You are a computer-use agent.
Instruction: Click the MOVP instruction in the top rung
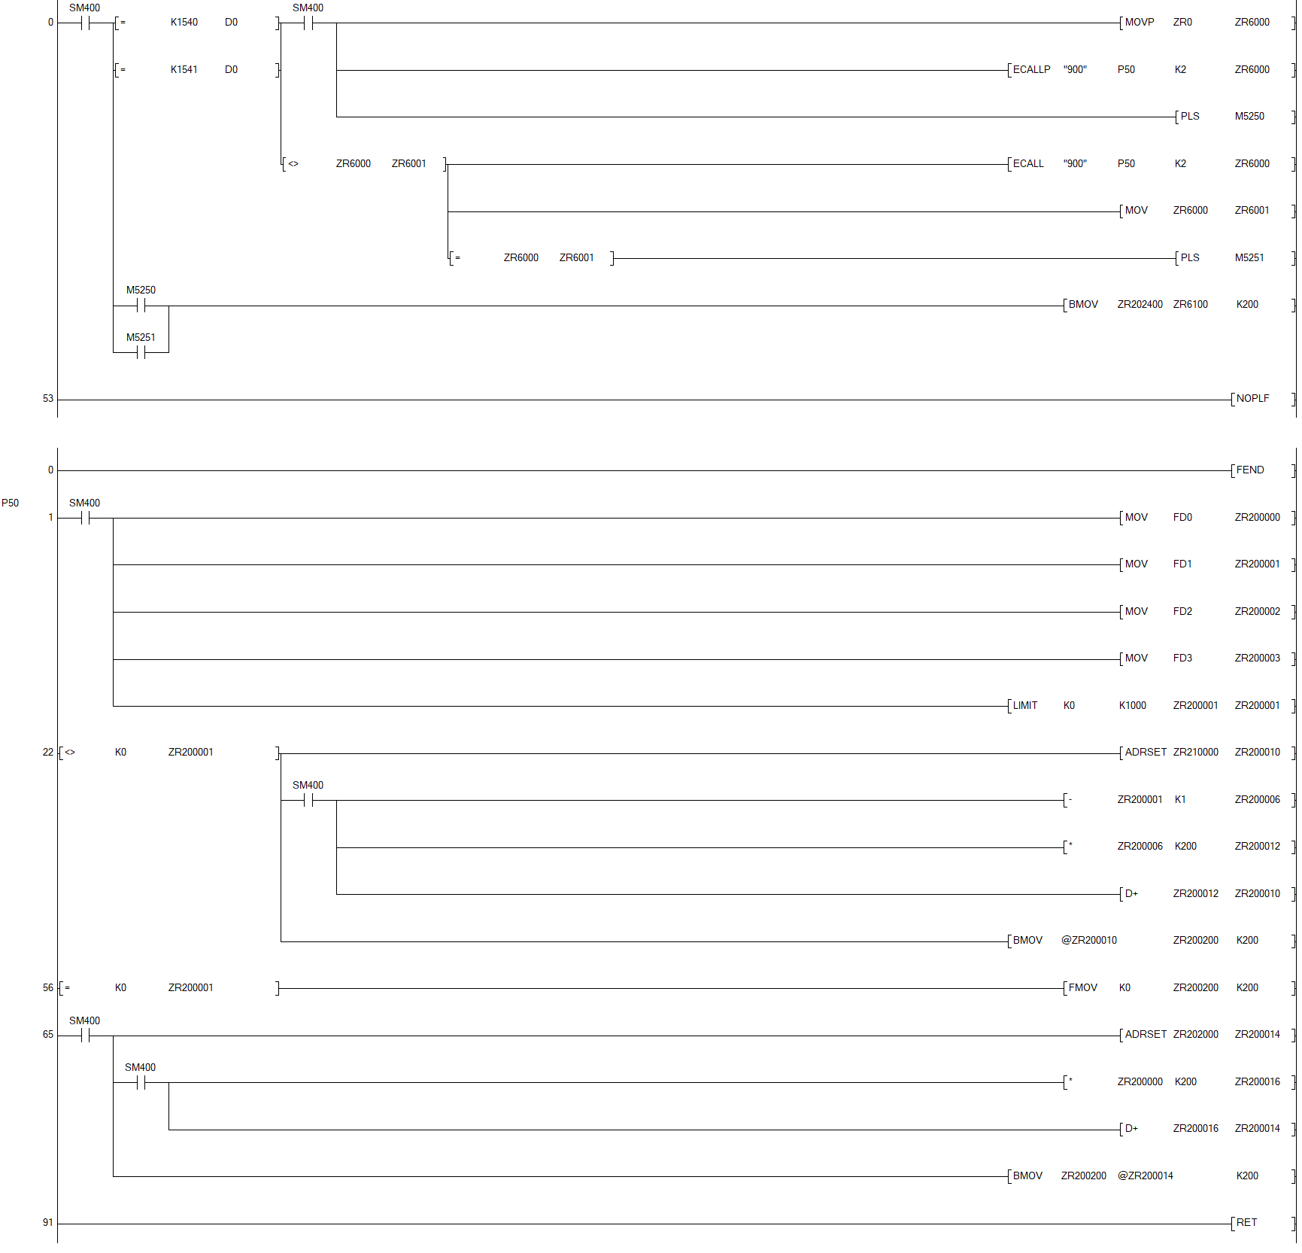tap(1139, 23)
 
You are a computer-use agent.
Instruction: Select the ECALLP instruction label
tap(1031, 70)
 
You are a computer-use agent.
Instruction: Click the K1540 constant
tap(184, 23)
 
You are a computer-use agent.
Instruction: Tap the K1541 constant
tap(184, 70)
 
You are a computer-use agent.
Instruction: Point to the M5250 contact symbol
tap(141, 306)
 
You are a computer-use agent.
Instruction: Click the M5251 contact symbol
tap(141, 352)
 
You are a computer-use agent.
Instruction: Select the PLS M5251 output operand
tap(1249, 258)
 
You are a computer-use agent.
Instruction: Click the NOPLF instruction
tap(1252, 399)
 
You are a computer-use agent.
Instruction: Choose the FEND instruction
tap(1250, 470)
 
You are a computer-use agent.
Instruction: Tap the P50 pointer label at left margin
tap(11, 503)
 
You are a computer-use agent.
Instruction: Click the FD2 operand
tap(1182, 612)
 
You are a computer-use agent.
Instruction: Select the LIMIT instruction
tap(1024, 706)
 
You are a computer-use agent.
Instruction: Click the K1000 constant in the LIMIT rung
tap(1132, 706)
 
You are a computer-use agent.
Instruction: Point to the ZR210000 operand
tap(1195, 753)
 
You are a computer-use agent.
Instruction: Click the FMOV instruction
tap(1082, 988)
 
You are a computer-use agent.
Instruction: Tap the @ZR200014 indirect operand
tap(1145, 1176)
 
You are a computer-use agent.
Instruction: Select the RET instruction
tap(1246, 1223)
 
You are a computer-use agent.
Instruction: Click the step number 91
tap(48, 1223)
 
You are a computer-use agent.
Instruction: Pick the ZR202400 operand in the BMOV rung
tap(1140, 305)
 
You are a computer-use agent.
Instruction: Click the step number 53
tap(48, 399)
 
